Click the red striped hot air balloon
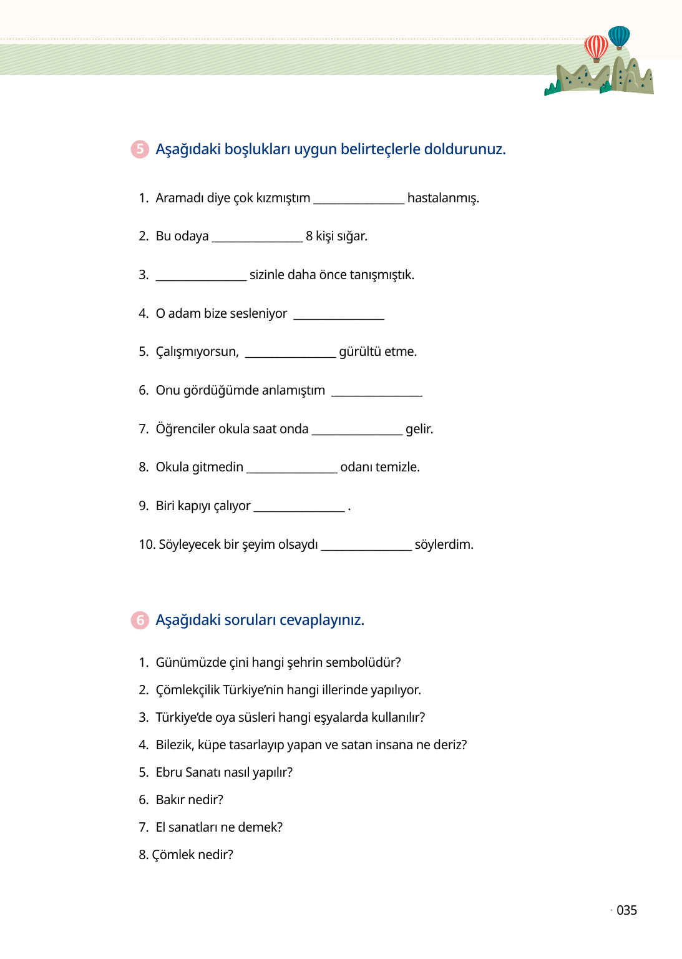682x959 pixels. (x=596, y=47)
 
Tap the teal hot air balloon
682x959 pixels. (x=619, y=37)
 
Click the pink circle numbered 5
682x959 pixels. (x=140, y=149)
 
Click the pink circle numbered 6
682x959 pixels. (x=140, y=620)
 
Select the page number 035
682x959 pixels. (x=626, y=910)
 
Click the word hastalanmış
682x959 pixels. (x=443, y=198)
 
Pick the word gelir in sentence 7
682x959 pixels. (x=419, y=429)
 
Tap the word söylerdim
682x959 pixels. (x=444, y=544)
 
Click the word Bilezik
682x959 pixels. (x=174, y=745)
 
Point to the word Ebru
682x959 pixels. (x=169, y=772)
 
